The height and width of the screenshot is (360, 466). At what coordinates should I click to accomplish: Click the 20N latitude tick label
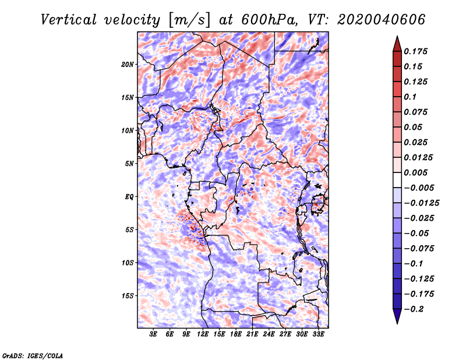[128, 64]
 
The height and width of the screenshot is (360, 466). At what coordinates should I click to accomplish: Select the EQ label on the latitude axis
[129, 197]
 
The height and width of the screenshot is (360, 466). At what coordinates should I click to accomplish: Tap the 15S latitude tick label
[128, 296]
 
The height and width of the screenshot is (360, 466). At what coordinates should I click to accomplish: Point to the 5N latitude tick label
[129, 164]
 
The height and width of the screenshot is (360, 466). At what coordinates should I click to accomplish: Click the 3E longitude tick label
[154, 334]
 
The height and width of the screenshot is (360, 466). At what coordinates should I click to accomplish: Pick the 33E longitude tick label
[319, 334]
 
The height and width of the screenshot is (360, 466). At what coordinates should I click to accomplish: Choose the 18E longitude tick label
[236, 334]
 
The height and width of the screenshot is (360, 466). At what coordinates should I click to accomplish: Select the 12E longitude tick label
[203, 334]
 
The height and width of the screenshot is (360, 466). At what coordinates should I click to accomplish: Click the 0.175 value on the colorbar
[416, 51]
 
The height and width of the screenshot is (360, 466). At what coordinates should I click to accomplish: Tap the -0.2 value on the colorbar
[415, 309]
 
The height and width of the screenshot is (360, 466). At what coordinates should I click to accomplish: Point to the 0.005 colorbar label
[416, 172]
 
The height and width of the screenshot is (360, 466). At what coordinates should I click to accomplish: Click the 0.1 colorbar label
[411, 97]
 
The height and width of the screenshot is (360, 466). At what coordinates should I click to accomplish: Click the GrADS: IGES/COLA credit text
[32, 355]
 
